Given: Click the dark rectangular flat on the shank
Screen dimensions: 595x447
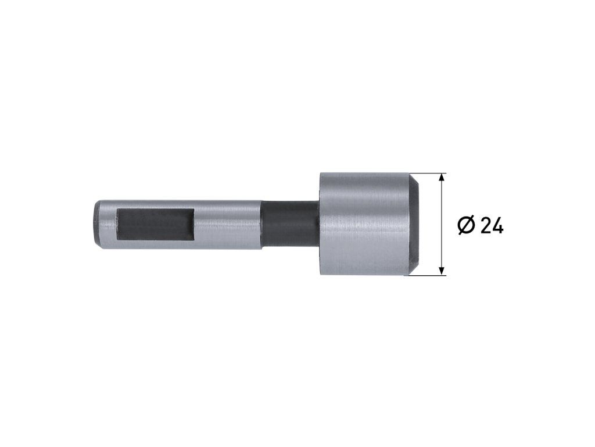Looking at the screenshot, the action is point(155,224).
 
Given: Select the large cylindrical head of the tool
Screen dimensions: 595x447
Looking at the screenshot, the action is point(370,224).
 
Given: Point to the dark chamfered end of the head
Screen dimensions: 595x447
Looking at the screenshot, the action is point(415,224).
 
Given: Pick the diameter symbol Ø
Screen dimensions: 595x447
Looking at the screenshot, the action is point(466,225).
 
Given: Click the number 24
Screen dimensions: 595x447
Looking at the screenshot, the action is point(492,226).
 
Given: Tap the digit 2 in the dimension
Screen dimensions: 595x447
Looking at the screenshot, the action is point(486,226).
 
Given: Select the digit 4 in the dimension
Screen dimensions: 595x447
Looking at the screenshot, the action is point(498,226).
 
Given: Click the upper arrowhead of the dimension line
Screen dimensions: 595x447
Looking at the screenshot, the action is point(441,178).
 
